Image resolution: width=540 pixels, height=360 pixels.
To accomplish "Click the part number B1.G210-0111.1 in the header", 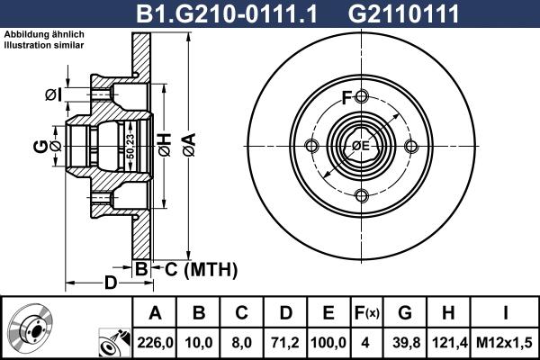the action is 226,13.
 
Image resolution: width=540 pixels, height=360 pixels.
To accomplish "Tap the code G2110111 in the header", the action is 403,13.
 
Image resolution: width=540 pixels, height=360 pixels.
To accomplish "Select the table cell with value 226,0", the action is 155,342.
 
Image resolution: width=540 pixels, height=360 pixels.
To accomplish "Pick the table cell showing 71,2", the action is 285,342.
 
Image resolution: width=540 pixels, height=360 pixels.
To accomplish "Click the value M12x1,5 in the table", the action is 504,342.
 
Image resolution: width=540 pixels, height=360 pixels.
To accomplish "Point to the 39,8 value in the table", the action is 406,342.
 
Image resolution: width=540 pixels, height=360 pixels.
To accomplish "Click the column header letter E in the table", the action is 328,312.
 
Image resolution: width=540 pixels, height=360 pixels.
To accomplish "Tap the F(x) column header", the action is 367,313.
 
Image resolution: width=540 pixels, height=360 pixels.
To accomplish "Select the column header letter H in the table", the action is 448,312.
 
